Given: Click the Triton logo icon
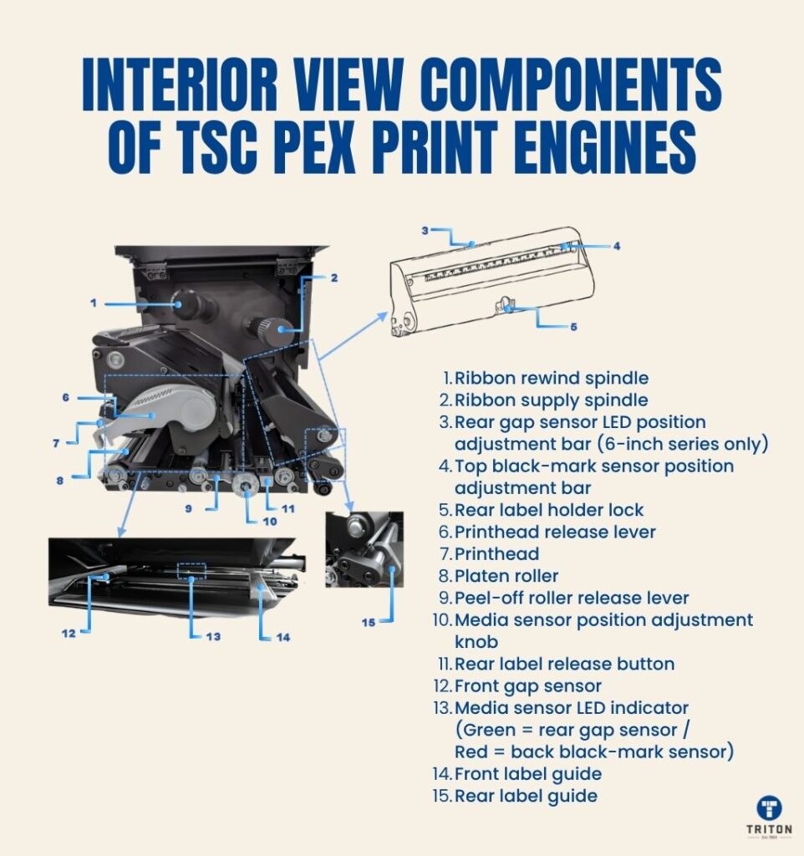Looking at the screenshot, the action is coord(769,808).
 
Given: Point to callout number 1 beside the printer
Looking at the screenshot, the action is coord(94,303).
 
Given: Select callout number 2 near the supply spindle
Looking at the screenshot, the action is coord(334,278).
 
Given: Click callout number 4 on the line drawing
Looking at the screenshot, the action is coord(616,246).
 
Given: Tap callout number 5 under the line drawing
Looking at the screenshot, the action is coord(573,327).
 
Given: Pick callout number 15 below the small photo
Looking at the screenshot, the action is coord(369,622).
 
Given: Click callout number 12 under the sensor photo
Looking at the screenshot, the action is coord(69,634).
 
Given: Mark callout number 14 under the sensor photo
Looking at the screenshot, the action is coord(282,637).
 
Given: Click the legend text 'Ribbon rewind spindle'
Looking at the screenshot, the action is coord(552,378).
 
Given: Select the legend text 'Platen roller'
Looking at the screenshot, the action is coord(506,575).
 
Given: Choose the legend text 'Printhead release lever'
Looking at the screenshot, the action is coord(555,532).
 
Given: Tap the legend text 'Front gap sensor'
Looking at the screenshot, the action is coord(528,686).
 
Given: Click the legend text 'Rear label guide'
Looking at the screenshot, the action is coord(527,796).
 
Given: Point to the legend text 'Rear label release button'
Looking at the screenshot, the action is coord(564,664).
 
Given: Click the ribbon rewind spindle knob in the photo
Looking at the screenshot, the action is coord(185,303).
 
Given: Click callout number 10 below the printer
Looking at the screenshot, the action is coord(270,522).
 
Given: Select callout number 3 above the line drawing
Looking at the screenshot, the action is coord(425,231).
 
